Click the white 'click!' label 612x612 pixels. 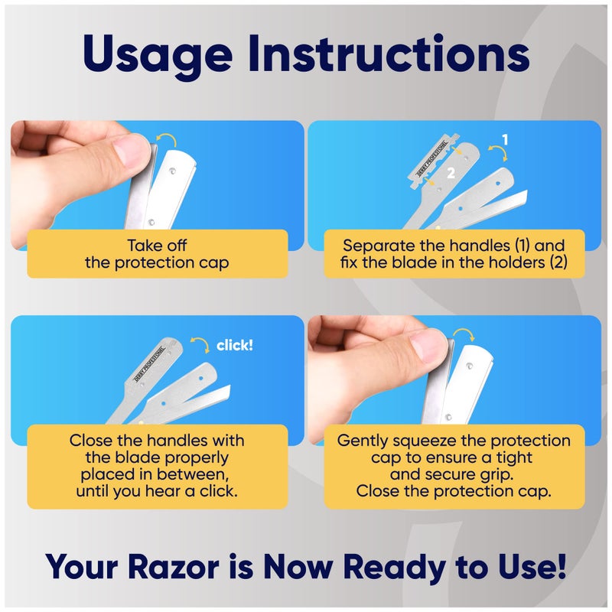tap(235, 345)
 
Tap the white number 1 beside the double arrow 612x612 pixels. tap(505, 140)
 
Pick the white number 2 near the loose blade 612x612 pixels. tap(451, 173)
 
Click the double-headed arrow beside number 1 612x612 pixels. tap(490, 161)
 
